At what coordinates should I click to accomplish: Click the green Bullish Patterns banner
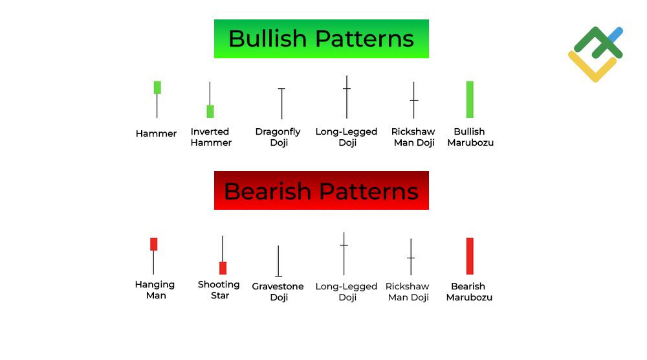[x=321, y=39]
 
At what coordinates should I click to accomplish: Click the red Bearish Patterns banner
[x=321, y=190]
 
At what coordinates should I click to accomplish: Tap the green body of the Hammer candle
[x=157, y=87]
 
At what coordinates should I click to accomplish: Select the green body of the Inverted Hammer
[x=210, y=111]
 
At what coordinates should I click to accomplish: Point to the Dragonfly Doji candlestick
[x=281, y=103]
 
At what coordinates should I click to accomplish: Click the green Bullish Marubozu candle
[x=470, y=99]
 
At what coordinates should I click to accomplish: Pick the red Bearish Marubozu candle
[x=470, y=256]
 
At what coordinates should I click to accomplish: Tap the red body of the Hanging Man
[x=154, y=244]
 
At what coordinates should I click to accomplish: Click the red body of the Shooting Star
[x=223, y=268]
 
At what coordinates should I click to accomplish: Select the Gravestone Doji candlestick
[x=278, y=262]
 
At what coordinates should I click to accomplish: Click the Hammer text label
[x=156, y=134]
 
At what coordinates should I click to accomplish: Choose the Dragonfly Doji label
[x=278, y=137]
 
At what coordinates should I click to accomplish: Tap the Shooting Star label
[x=219, y=290]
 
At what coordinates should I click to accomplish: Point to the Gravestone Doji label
[x=278, y=292]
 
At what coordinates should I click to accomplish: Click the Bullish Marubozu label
[x=470, y=137]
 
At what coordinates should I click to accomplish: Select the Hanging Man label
[x=155, y=290]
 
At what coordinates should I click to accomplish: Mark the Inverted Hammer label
[x=211, y=137]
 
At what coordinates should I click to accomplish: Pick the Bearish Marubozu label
[x=469, y=292]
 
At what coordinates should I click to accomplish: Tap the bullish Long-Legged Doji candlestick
[x=347, y=97]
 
